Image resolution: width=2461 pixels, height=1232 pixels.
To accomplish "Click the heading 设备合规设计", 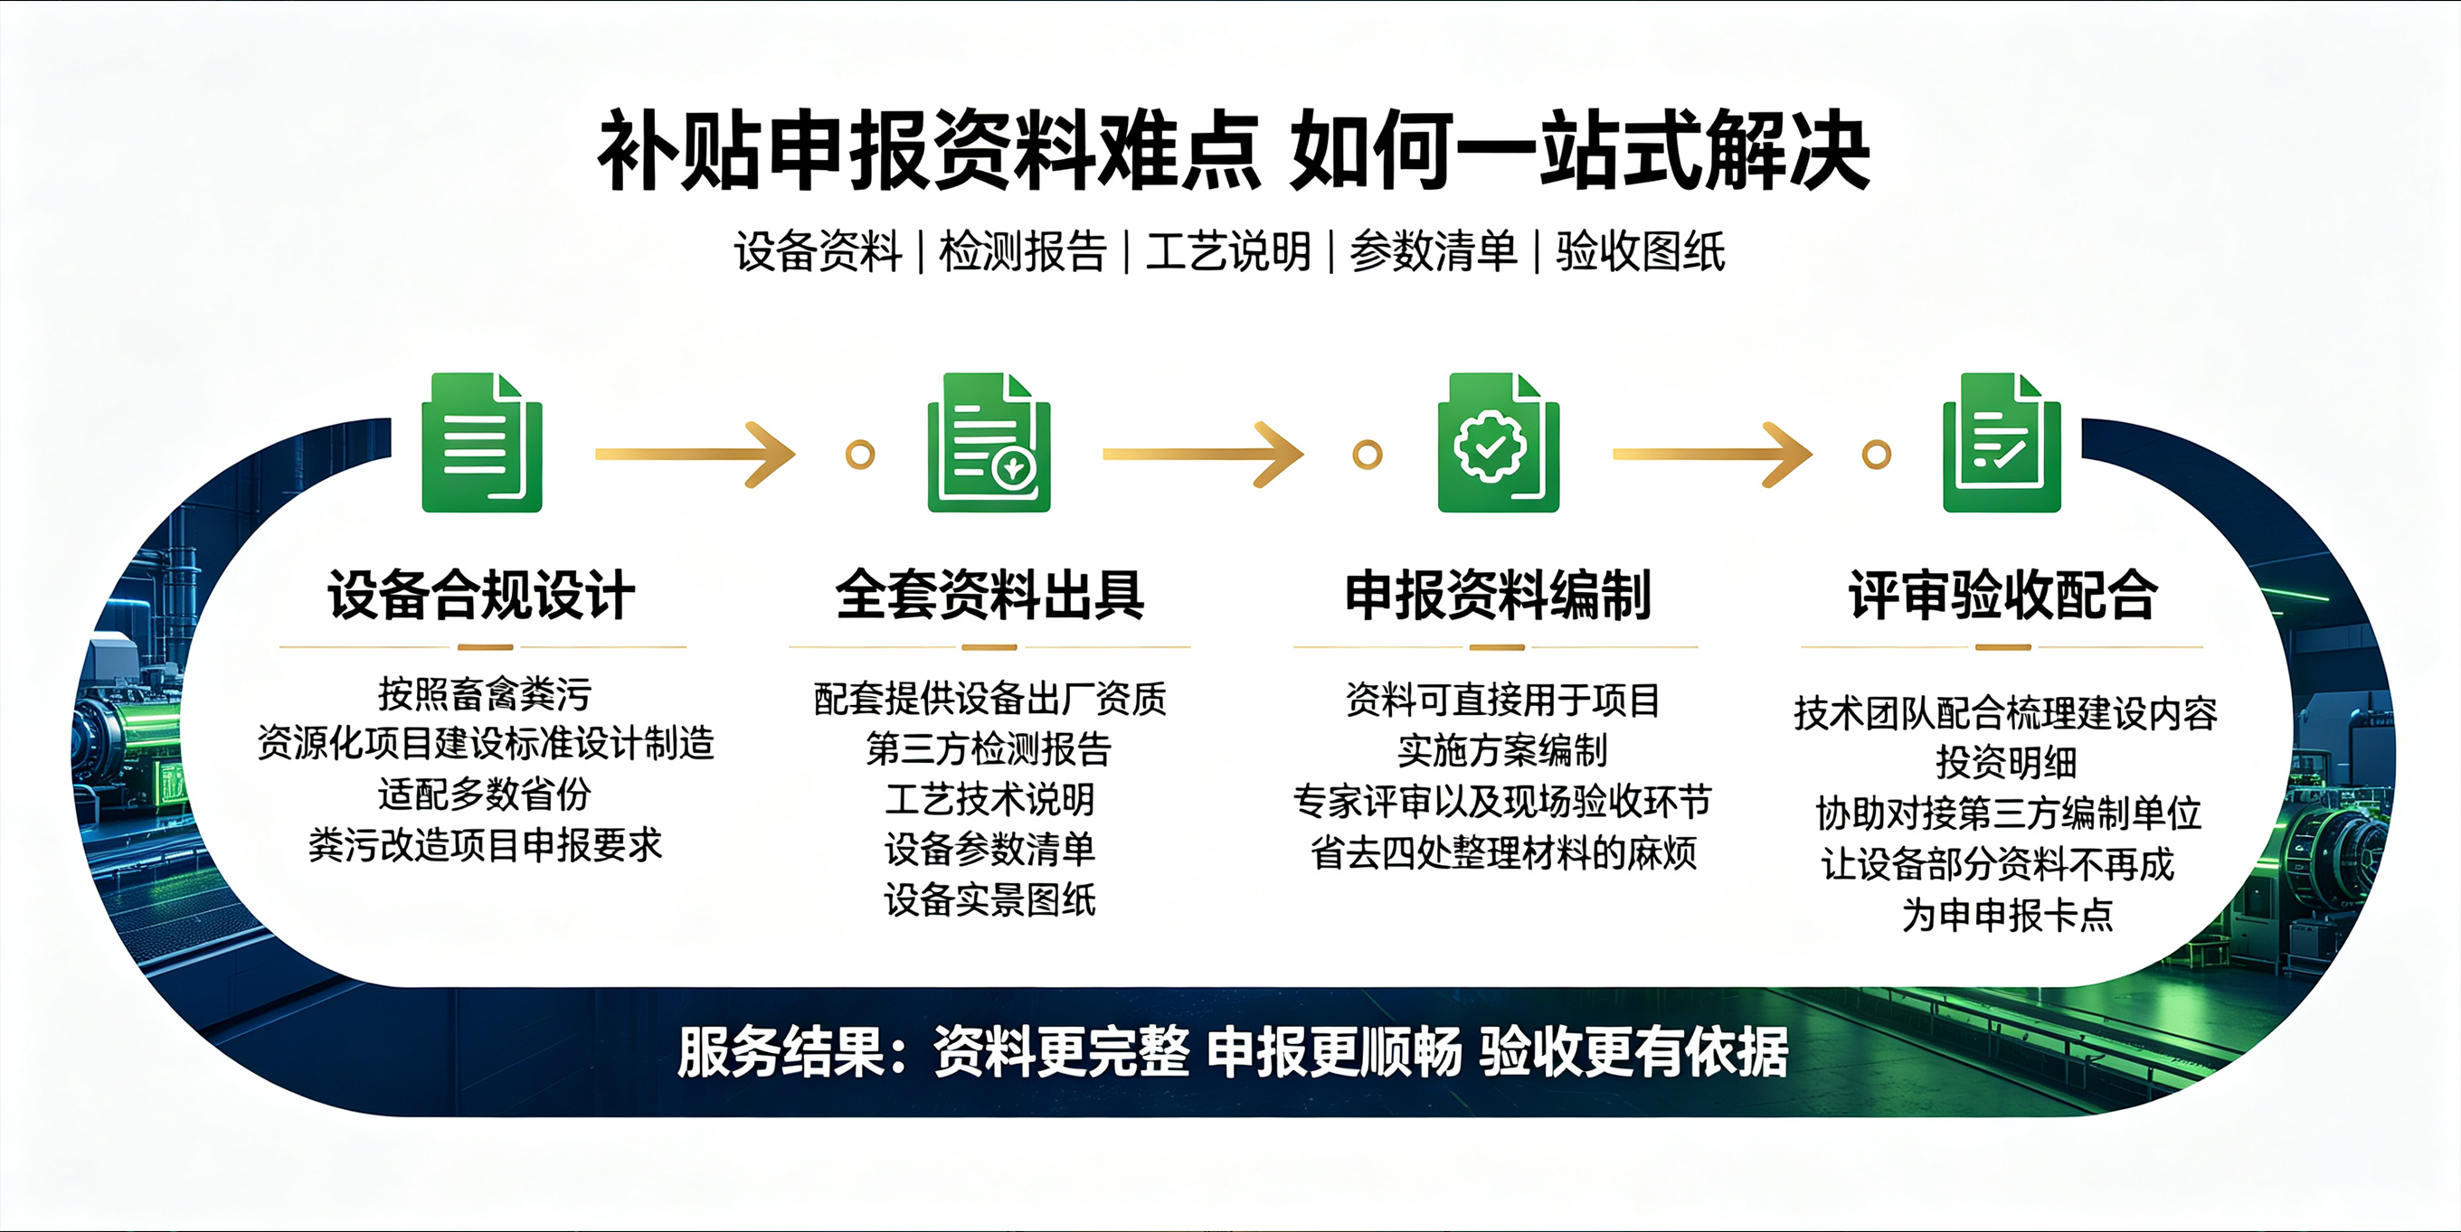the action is (481, 595).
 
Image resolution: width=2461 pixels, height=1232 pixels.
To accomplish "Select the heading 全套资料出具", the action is (989, 595).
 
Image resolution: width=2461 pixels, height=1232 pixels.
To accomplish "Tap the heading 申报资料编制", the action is (1497, 595).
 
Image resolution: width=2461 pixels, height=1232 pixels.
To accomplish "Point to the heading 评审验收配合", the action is (2002, 595).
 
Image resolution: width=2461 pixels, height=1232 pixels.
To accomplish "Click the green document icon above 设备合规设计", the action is (482, 442).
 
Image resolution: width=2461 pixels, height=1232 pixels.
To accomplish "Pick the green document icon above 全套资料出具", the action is (989, 442).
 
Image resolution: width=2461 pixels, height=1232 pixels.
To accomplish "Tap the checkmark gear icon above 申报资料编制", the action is (1498, 442).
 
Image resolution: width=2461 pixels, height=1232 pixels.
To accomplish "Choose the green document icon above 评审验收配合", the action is (2002, 442).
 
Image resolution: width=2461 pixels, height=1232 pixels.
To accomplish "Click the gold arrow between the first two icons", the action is (696, 455).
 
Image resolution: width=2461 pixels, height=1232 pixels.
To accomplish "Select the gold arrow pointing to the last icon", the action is (1712, 455).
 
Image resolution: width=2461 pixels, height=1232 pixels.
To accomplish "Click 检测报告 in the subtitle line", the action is (1023, 252).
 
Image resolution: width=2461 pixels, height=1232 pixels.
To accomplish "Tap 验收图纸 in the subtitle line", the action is (1641, 252).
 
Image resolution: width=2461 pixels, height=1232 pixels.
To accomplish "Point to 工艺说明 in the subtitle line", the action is (1228, 252).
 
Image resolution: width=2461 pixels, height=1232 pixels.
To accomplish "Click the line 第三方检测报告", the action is (989, 748).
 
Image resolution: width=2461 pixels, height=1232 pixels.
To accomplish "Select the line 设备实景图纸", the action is (989, 898).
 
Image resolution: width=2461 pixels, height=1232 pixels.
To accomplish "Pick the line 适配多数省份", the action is (485, 794).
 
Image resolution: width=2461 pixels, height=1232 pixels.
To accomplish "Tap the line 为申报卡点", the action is (2007, 915).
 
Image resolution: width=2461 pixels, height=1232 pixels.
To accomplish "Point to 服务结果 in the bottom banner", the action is (781, 1051).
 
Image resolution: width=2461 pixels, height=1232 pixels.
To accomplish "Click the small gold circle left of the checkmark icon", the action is (1368, 455).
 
